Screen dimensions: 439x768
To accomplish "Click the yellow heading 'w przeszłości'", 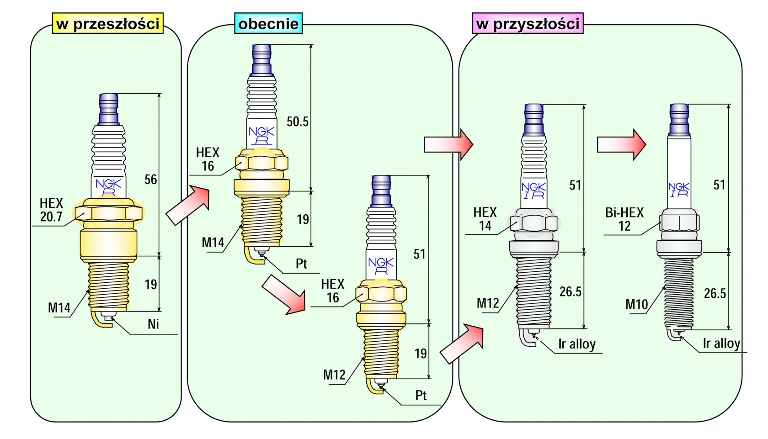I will (108, 23).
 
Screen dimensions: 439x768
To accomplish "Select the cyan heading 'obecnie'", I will (268, 23).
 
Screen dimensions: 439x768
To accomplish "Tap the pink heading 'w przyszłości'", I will (528, 23).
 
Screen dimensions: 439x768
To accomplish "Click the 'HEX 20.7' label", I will (51, 210).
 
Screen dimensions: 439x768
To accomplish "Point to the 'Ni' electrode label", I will (153, 324).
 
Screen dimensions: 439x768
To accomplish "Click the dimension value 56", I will (150, 180).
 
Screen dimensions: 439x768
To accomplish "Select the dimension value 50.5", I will (298, 122).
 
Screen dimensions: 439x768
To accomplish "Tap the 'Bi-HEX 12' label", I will (624, 219).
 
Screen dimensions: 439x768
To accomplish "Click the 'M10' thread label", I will (636, 304).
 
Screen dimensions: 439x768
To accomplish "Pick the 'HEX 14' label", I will (485, 219).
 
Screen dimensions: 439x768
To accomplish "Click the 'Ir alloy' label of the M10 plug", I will (721, 344).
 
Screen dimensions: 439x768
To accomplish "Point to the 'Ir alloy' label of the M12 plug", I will (577, 344).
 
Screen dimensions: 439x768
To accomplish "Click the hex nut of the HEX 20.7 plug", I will (109, 213).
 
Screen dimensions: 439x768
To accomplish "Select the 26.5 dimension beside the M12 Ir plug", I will (571, 291).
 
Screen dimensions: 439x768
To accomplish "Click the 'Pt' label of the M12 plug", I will (421, 395).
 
